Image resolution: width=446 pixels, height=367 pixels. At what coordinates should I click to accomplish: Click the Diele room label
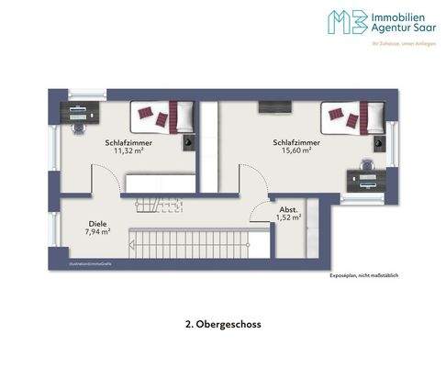pyautogui.click(x=97, y=223)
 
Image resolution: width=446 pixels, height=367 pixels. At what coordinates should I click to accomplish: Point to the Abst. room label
pyautogui.click(x=288, y=210)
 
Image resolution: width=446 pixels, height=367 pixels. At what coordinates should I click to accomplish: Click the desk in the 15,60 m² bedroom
pyautogui.click(x=365, y=179)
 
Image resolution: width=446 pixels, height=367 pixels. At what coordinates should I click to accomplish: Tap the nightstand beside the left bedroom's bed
pyautogui.click(x=188, y=142)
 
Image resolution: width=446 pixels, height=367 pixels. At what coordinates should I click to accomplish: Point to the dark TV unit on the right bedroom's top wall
pyautogui.click(x=273, y=107)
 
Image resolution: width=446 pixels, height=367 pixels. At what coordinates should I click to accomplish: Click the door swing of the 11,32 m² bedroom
pyautogui.click(x=106, y=176)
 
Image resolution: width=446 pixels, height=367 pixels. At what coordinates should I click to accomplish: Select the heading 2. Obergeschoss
pyautogui.click(x=222, y=323)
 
